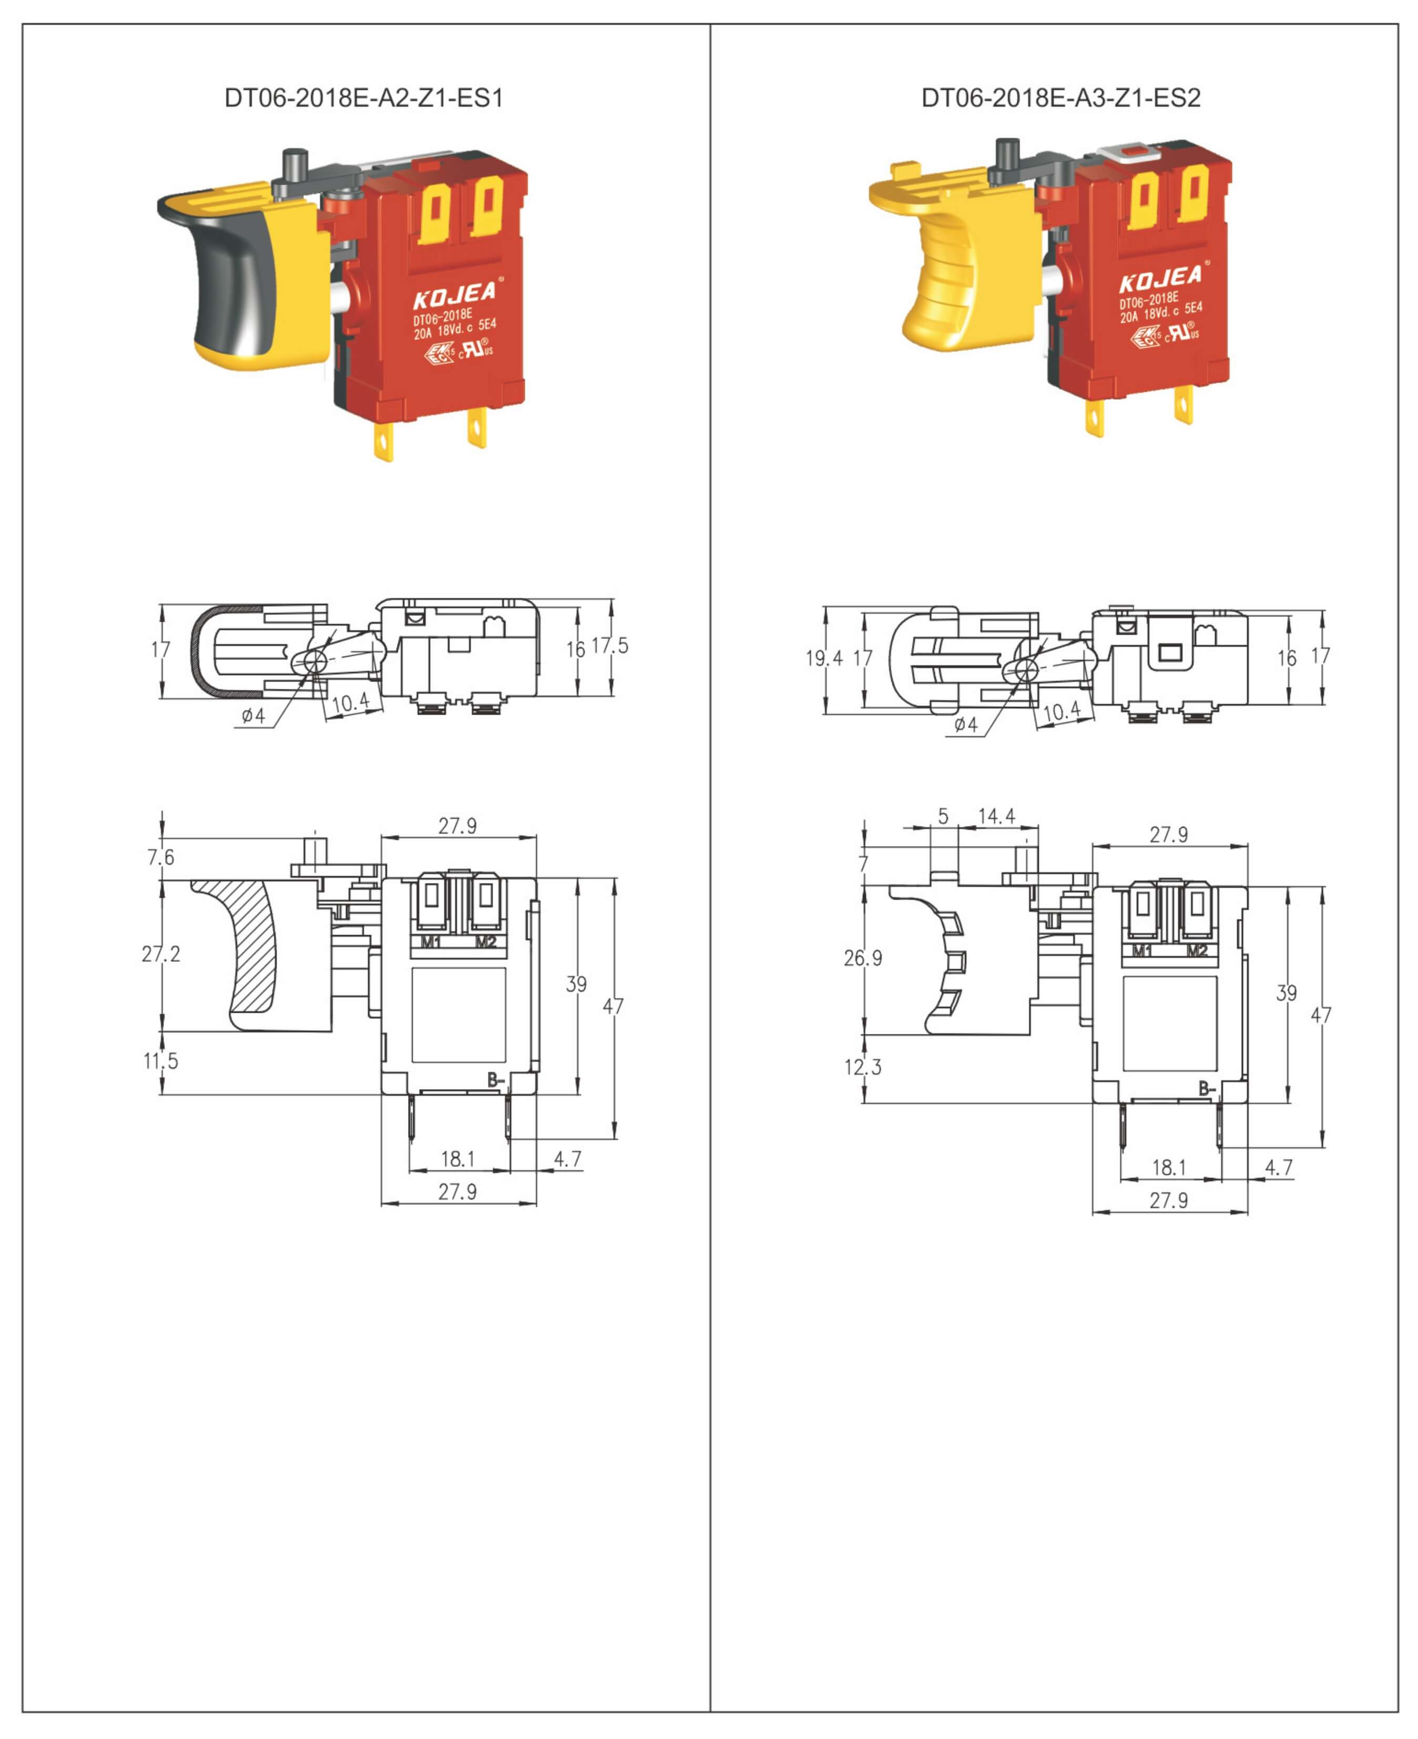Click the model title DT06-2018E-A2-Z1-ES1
363,98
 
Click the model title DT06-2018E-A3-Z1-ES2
1061,98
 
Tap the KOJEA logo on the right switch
1161,278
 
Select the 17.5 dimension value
610,646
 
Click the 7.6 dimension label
161,857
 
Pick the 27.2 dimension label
161,953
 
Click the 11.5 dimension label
161,1061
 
